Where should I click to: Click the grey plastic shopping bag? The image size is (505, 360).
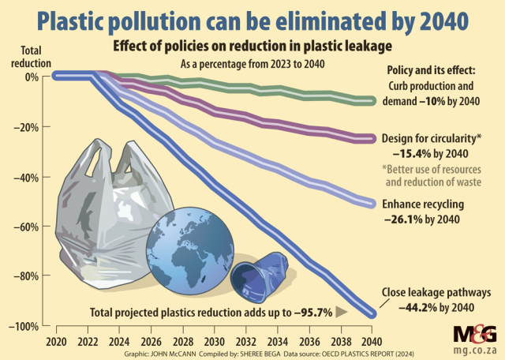point(107,221)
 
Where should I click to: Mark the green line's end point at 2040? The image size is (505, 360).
point(372,101)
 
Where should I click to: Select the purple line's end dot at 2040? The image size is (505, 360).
point(372,139)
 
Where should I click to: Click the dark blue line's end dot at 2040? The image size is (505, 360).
point(372,314)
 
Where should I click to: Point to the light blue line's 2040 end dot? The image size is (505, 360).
point(372,204)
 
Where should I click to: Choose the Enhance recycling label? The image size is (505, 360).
point(423,204)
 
